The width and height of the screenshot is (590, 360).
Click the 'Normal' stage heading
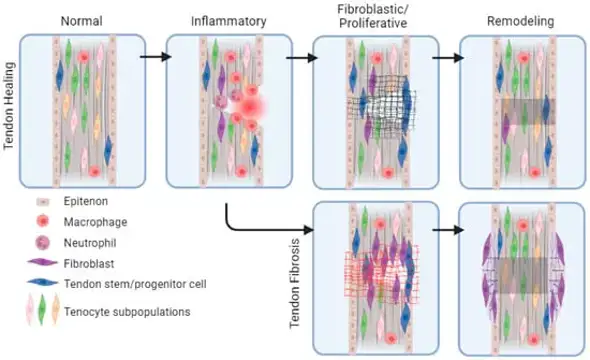[81, 20]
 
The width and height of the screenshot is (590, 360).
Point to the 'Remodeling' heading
[521, 20]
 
